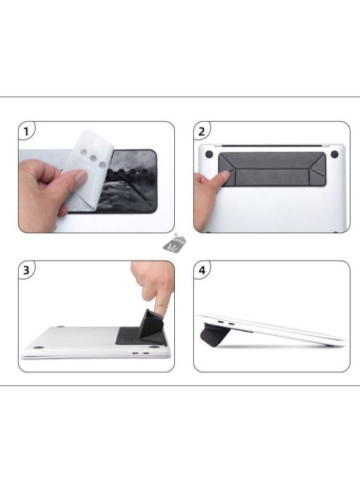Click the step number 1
[x=27, y=132]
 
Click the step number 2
[x=202, y=132]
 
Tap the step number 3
[x=27, y=271]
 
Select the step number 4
[x=202, y=271]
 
